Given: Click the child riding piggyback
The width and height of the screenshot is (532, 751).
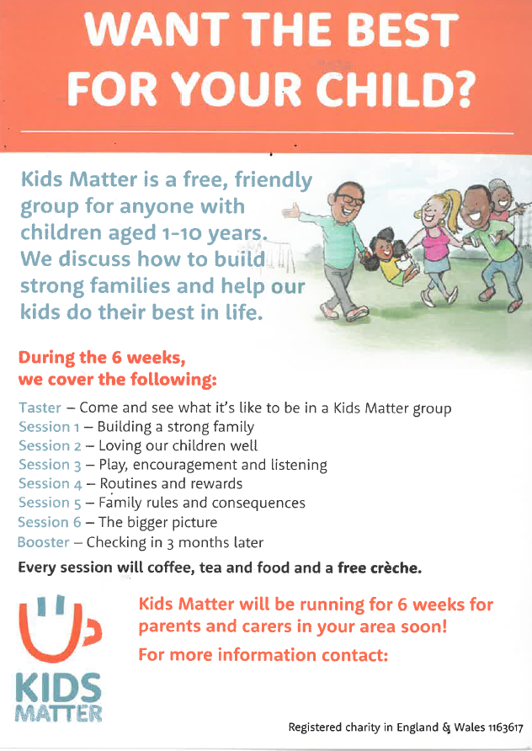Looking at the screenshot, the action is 500,206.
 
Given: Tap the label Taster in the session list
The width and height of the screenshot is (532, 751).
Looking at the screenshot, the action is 40,407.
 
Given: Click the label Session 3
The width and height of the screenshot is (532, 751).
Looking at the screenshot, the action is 51,465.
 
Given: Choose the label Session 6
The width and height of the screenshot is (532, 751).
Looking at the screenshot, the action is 50,522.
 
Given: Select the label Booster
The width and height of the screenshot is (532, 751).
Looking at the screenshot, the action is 44,542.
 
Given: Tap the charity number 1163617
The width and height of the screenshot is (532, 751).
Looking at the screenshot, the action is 505,728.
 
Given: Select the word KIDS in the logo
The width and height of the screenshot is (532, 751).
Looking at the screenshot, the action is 58,688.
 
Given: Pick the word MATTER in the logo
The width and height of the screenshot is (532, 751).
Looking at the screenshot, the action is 58,712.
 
